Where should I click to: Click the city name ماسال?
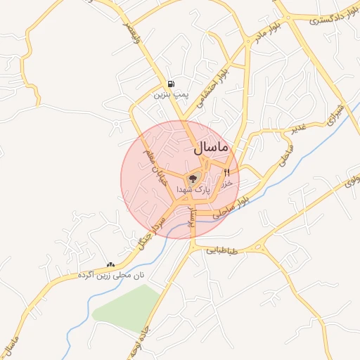coord(210,148)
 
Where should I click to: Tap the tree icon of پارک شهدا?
coord(193,179)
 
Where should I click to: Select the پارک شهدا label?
coord(193,190)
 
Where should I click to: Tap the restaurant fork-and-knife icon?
coord(226,172)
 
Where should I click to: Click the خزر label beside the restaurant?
coord(226,183)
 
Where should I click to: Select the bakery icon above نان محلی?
coord(110,264)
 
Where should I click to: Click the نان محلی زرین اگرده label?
coord(110,275)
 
